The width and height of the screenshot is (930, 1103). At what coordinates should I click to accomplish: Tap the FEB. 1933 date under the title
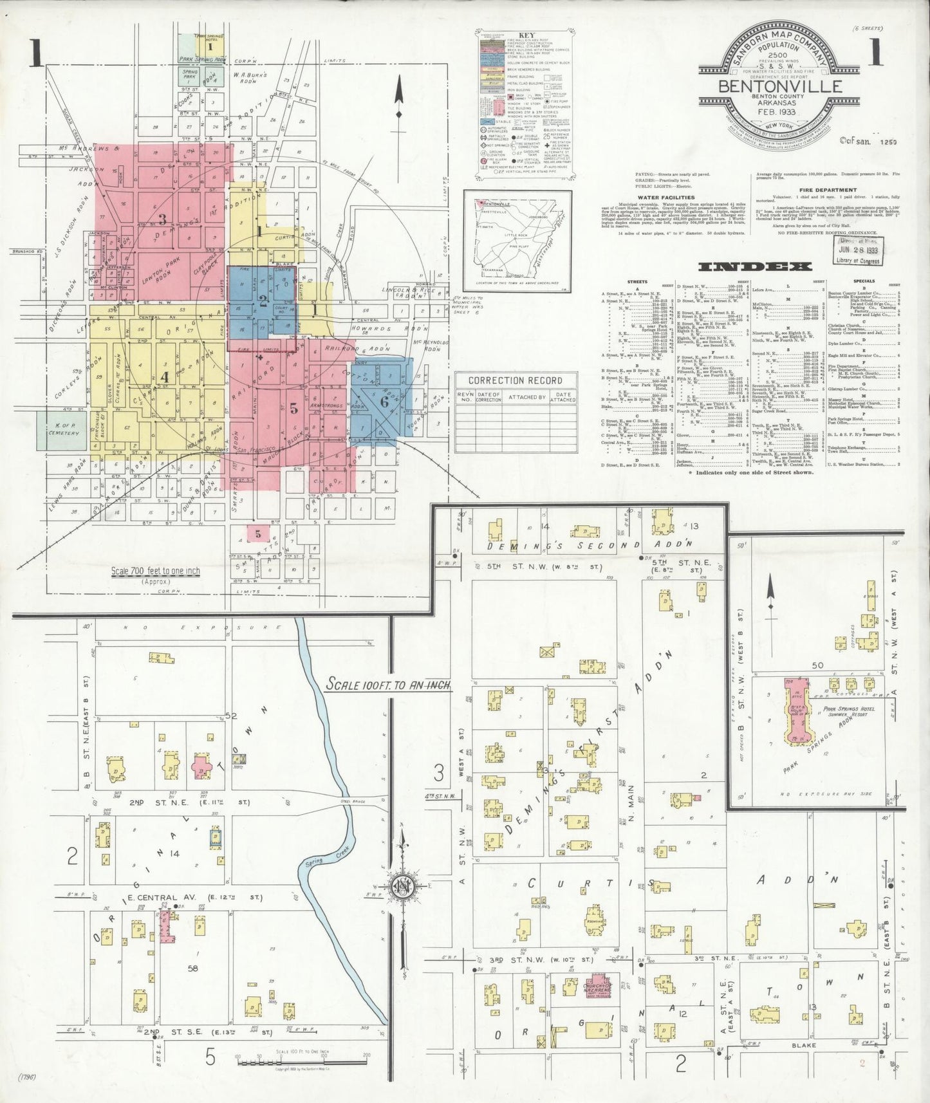click(770, 113)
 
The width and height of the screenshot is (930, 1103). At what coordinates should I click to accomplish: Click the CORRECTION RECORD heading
click(514, 380)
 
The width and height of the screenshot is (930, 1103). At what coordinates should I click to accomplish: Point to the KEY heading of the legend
click(526, 37)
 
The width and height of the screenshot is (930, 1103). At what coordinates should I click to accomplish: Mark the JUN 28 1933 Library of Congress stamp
click(859, 249)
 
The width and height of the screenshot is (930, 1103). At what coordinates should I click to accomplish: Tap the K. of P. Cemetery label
click(63, 429)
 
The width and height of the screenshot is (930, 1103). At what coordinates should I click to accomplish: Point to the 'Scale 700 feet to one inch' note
click(155, 571)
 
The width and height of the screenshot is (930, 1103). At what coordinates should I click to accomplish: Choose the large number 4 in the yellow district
click(165, 377)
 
